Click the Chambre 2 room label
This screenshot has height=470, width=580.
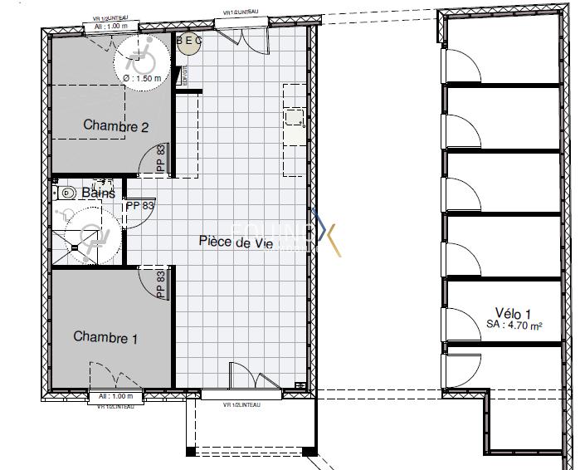(116, 127)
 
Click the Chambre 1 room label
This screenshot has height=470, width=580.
(106, 338)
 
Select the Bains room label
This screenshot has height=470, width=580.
(99, 193)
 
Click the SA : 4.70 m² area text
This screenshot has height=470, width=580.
(514, 327)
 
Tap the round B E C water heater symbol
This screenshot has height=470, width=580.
(189, 44)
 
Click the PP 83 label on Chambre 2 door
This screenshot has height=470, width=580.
(161, 159)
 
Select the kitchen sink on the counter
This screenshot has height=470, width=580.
(295, 117)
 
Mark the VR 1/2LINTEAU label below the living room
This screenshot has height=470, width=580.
(242, 404)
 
